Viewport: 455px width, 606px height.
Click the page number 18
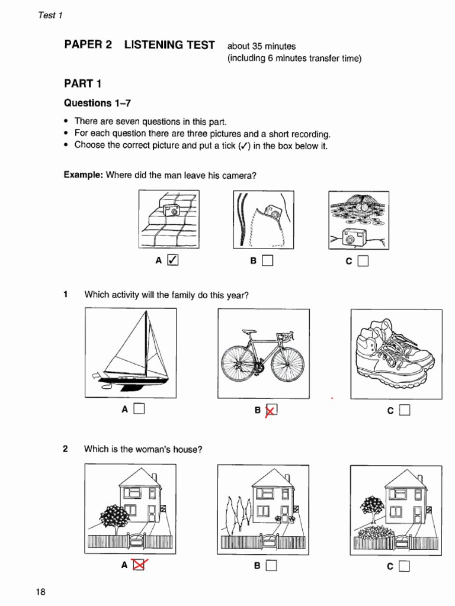pyautogui.click(x=41, y=591)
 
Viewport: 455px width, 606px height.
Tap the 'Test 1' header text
pyautogui.click(x=50, y=15)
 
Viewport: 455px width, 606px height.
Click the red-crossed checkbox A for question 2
pyautogui.click(x=139, y=565)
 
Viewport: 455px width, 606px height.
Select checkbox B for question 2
pyautogui.click(x=271, y=566)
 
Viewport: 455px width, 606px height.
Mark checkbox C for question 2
pyautogui.click(x=405, y=566)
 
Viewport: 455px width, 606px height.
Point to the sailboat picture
pyautogui.click(x=131, y=353)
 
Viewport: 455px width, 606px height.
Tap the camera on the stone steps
pyautogui.click(x=172, y=210)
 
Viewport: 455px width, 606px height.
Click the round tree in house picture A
pyautogui.click(x=114, y=515)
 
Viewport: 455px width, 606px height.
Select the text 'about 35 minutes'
pyautogui.click(x=261, y=46)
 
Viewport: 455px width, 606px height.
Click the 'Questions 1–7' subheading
pyautogui.click(x=97, y=103)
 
